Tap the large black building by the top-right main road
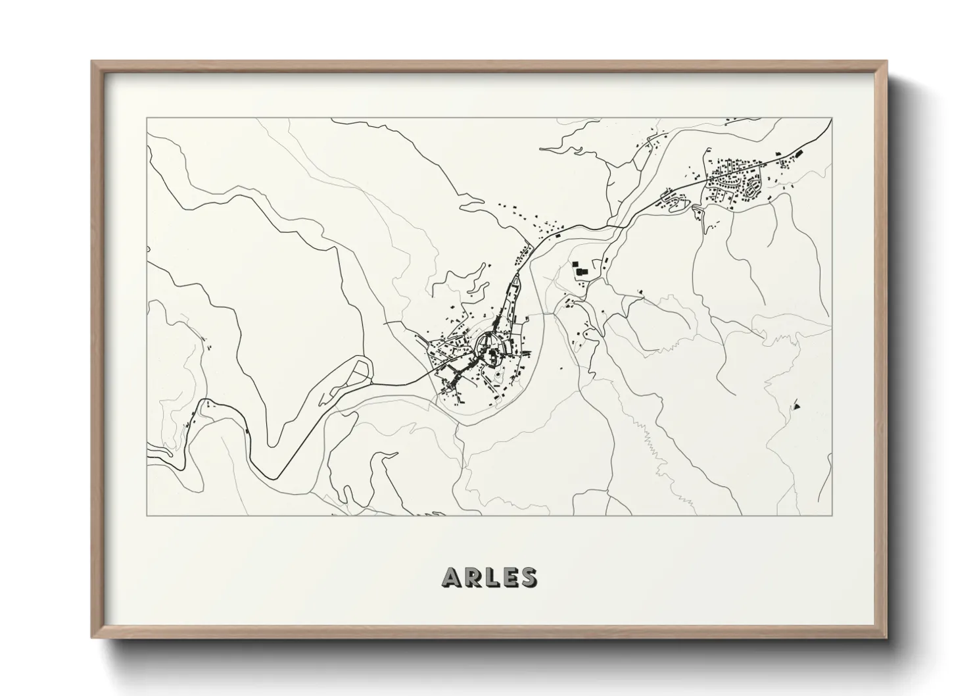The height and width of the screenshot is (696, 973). click(799, 153)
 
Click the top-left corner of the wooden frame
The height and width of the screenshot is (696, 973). click(92, 62)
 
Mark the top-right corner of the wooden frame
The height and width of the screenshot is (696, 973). click(886, 62)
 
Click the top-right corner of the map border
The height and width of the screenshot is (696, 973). click(832, 118)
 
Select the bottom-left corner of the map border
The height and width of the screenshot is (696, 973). click(147, 515)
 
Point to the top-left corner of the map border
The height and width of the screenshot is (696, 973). click(147, 118)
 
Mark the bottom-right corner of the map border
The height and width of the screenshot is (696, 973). click(832, 515)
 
